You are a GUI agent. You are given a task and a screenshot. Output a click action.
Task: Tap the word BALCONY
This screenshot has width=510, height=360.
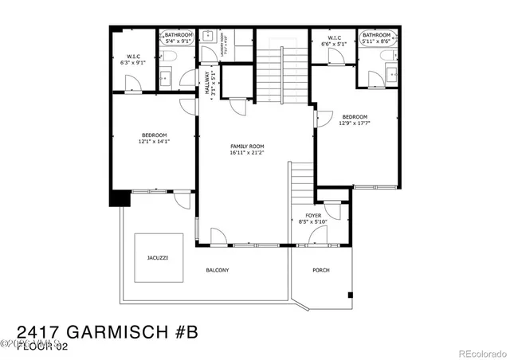[218, 270]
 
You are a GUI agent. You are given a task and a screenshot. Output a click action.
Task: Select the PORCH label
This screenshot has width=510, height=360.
[320, 270]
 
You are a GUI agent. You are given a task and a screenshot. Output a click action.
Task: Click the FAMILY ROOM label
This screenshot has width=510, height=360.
[246, 147]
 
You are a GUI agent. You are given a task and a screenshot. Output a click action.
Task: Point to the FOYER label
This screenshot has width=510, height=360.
[313, 215]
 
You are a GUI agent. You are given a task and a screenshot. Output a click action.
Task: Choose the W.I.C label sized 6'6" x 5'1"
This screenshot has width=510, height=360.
[333, 43]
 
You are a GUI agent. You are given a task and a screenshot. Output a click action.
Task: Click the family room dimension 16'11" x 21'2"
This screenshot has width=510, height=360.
[246, 153]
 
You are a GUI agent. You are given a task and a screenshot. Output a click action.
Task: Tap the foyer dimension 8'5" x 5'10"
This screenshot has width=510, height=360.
[313, 221]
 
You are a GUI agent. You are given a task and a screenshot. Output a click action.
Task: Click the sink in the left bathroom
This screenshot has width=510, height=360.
[165, 77]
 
